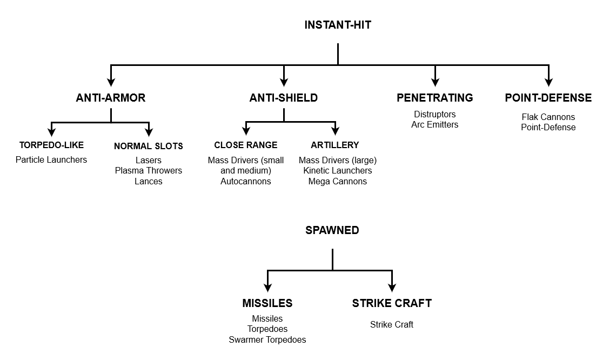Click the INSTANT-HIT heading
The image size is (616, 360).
coord(338,25)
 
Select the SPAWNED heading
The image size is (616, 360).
coord(332,230)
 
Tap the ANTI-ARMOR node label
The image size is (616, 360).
coord(111,98)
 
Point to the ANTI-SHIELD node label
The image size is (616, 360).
coord(283,98)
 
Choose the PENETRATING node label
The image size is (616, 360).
coord(434,98)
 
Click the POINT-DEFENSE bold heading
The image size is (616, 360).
coord(548,98)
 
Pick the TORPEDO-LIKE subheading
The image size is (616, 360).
coord(51,145)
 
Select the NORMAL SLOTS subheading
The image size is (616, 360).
coord(148,146)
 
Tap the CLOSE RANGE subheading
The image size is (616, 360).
coord(245,145)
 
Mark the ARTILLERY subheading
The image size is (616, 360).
coord(334,145)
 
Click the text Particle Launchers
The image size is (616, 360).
coord(51,159)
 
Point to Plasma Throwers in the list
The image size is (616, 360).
coord(148,170)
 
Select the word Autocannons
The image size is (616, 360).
coord(245,181)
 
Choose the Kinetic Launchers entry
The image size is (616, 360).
coord(337,170)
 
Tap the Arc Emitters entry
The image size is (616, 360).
coord(434,124)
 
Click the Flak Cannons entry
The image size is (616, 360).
coord(548,117)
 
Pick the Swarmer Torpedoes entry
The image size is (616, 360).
coord(267,339)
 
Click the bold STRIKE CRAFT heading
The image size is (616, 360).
coord(392,303)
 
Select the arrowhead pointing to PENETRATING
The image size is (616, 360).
coord(435,82)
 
